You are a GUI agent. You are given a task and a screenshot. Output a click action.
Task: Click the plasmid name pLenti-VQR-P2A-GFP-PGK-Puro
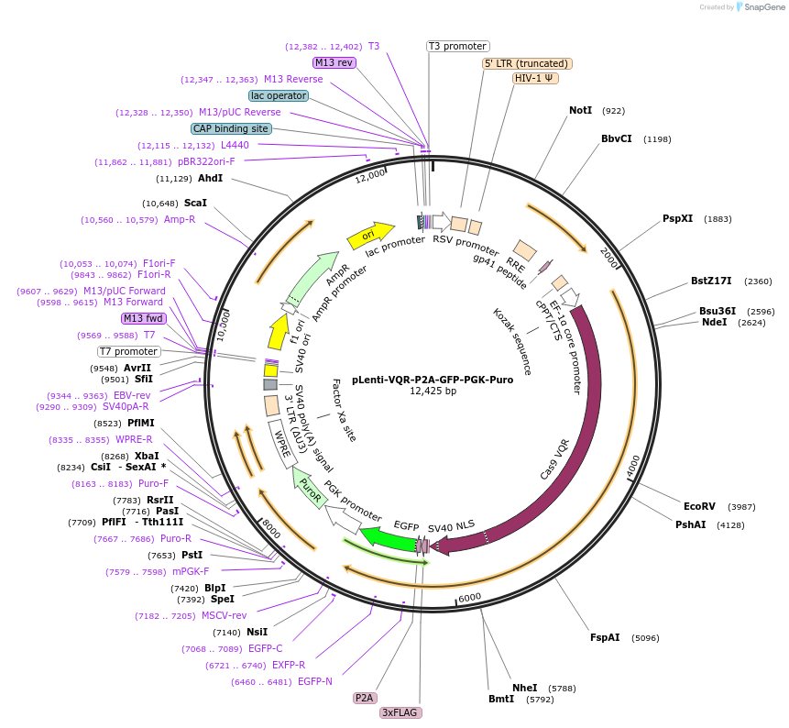(433, 379)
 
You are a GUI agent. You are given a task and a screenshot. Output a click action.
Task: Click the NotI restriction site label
(580, 110)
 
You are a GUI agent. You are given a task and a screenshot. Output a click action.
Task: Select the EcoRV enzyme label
(699, 506)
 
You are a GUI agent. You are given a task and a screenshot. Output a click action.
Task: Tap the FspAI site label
(605, 637)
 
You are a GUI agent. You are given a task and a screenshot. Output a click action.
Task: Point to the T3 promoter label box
(458, 46)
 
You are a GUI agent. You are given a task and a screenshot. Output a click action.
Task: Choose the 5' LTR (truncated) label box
(527, 63)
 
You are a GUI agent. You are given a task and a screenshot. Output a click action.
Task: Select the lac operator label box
(279, 95)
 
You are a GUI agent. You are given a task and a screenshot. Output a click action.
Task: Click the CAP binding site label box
(231, 128)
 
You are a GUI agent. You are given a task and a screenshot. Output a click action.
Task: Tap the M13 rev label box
(334, 62)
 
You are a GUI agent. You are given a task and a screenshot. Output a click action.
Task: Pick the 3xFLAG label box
(400, 712)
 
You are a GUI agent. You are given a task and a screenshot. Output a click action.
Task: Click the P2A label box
(364, 698)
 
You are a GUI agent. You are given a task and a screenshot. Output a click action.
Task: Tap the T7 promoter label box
(129, 351)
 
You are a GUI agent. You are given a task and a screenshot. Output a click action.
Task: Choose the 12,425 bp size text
(433, 392)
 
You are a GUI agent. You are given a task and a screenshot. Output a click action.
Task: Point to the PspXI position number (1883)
(718, 219)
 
